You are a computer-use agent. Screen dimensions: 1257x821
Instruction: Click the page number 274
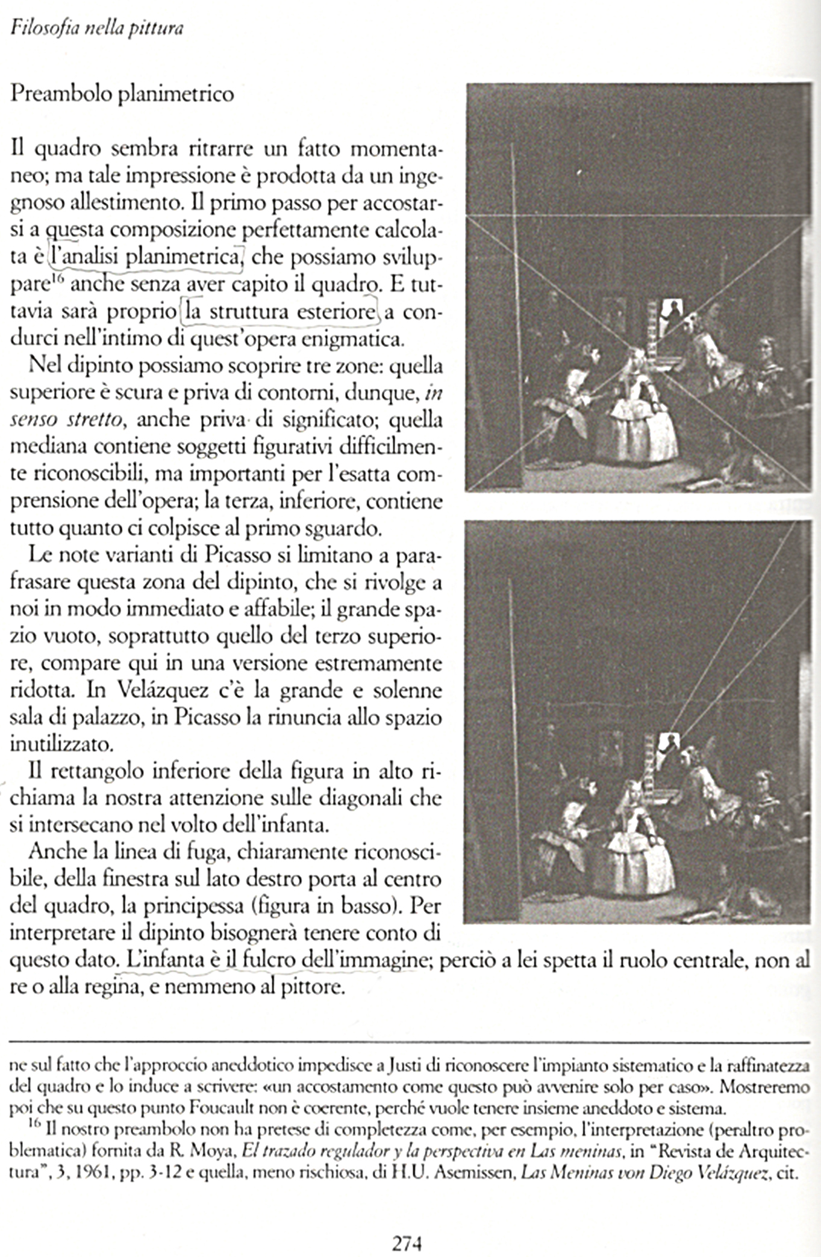pos(407,1243)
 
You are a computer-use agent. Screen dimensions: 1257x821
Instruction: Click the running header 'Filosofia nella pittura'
pos(97,28)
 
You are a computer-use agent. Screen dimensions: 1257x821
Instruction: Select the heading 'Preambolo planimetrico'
pos(122,94)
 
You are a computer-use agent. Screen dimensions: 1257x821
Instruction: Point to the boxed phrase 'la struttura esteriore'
pos(280,312)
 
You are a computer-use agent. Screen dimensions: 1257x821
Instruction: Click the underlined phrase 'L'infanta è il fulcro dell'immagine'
pos(274,960)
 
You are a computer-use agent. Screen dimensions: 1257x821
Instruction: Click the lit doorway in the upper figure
pos(672,313)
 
